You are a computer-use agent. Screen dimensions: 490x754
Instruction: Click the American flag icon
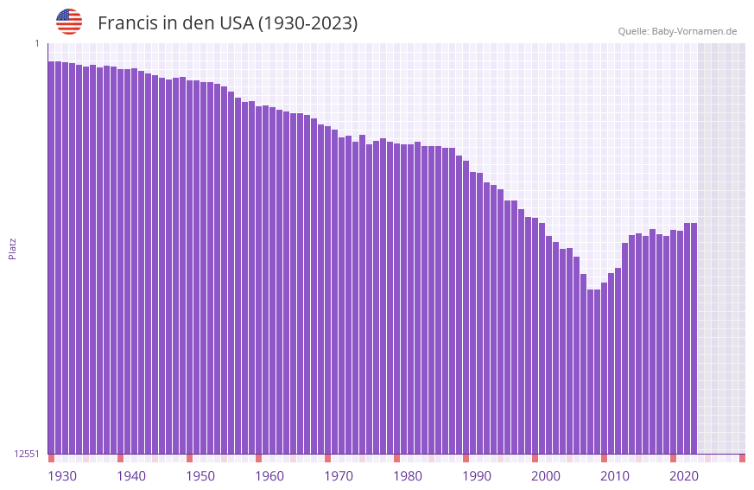click(69, 22)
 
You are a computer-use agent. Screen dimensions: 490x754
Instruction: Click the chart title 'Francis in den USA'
click(227, 23)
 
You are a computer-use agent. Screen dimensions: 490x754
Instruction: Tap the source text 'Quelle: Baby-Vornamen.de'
click(677, 31)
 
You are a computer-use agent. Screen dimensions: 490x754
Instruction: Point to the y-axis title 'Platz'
click(12, 249)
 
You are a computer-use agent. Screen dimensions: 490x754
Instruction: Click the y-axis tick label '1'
click(37, 43)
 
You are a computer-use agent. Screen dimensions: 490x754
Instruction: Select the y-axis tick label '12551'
click(27, 454)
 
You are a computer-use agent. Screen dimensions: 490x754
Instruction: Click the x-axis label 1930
click(62, 476)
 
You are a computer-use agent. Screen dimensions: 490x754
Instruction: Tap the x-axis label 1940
click(131, 476)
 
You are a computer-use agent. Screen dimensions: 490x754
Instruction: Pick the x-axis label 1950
click(200, 476)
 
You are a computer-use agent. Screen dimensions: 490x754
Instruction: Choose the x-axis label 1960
click(269, 476)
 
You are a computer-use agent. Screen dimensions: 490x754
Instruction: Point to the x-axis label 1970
click(339, 476)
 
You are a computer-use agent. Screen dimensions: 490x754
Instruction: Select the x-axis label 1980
click(408, 476)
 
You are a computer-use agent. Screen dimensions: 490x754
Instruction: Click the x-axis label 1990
click(477, 476)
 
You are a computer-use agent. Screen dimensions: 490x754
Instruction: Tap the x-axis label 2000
click(546, 476)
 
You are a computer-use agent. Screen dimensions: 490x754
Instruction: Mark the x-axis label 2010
click(615, 476)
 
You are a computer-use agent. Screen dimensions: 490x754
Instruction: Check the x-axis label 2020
click(684, 476)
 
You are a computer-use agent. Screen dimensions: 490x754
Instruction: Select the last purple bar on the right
click(694, 338)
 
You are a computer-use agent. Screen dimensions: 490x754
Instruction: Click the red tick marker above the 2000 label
click(535, 458)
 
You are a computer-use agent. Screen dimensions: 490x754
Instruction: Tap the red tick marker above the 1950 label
click(190, 458)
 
